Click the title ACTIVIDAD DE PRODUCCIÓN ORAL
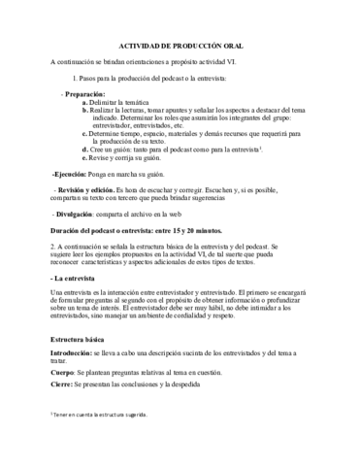180,46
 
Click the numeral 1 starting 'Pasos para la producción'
75,74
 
